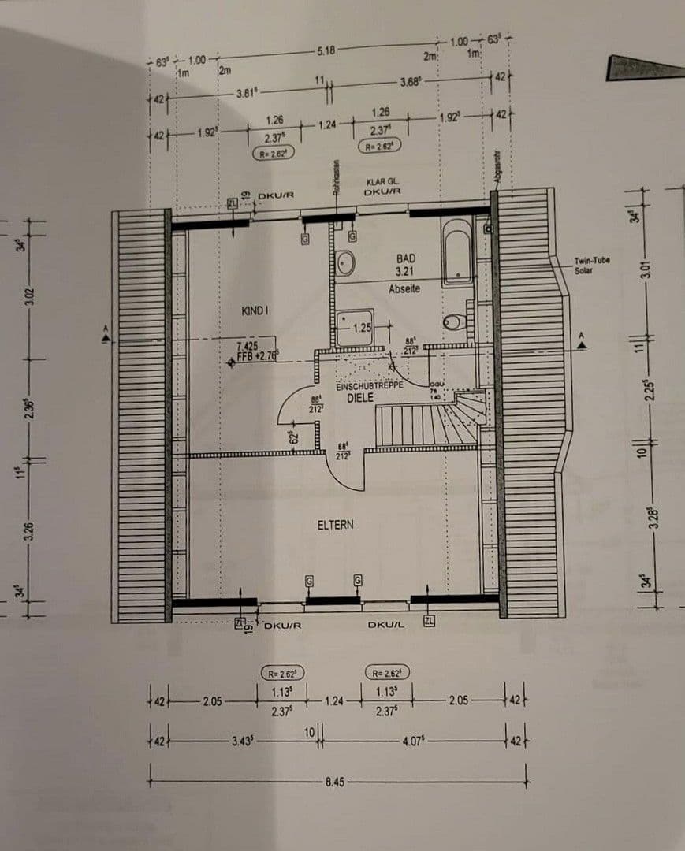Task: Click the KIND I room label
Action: point(255,311)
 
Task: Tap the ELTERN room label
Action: point(335,524)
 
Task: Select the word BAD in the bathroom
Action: point(405,258)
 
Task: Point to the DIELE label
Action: point(359,398)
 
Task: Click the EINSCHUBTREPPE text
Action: point(369,386)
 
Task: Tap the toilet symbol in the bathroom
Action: point(455,321)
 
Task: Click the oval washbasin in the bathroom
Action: point(345,263)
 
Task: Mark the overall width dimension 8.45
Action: point(334,782)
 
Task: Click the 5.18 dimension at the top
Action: point(326,50)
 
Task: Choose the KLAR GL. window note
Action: point(382,181)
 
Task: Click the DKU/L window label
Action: point(385,625)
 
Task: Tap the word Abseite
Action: point(404,289)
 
